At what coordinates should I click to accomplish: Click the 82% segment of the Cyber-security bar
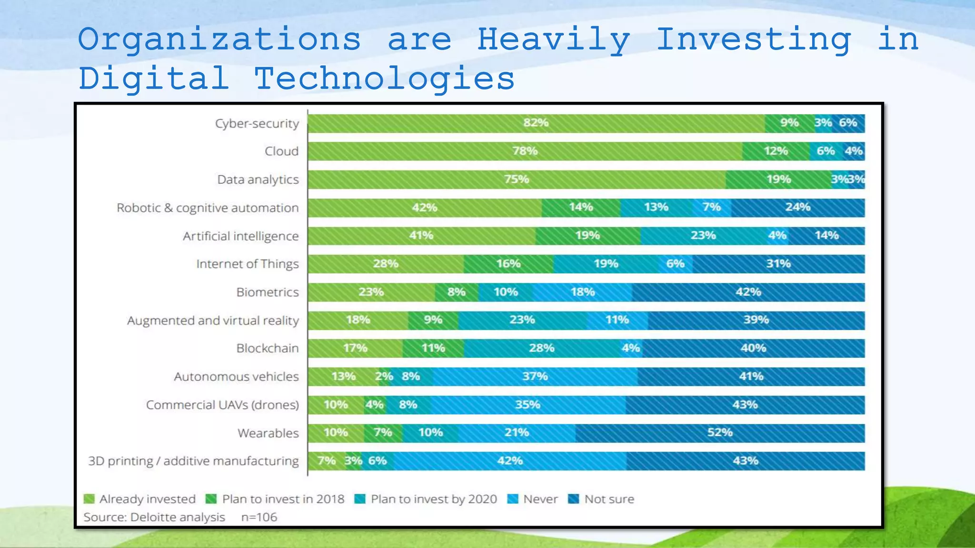coord(536,123)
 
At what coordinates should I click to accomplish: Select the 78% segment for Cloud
coord(525,151)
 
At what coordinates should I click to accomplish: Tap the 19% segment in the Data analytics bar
coord(778,179)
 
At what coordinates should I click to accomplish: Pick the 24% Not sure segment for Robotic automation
coord(798,207)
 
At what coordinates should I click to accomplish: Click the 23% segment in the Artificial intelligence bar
coord(703,235)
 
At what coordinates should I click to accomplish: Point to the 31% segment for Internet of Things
coord(778,264)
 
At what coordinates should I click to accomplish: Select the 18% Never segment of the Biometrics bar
coord(582,292)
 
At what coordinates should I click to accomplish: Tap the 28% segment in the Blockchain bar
coord(542,348)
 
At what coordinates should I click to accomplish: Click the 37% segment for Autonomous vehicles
coord(535,376)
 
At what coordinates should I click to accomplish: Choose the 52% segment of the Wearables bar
coord(719,433)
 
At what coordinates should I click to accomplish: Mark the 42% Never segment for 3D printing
coord(510,461)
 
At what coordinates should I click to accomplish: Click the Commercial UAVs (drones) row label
coord(222,405)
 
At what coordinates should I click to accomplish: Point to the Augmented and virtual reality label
coord(213,321)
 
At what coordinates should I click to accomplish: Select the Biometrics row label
coord(268,292)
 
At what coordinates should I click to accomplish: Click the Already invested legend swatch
coord(89,499)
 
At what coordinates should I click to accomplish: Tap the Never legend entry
coord(540,499)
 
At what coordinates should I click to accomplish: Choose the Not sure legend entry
coord(609,499)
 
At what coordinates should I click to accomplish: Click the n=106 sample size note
coord(259,517)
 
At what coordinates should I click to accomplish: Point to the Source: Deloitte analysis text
coord(154,517)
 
